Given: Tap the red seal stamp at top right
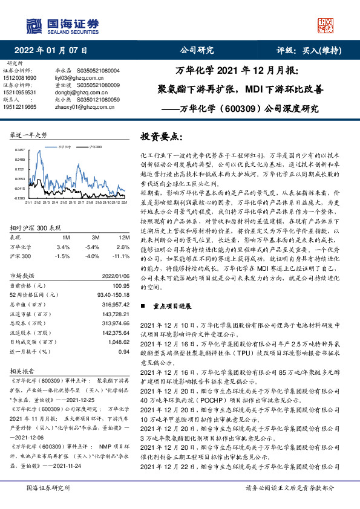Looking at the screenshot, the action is [x=327, y=25].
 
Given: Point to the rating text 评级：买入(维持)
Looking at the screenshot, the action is [x=313, y=50].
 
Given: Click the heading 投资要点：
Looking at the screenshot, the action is [x=161, y=137].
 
